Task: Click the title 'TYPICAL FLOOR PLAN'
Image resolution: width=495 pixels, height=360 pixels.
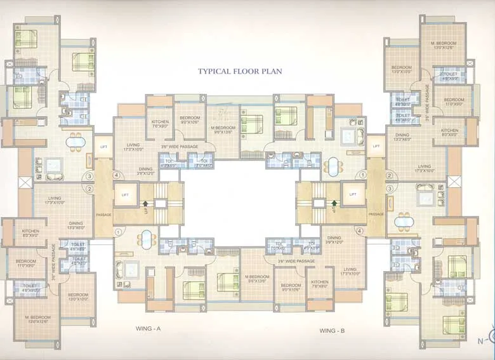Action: click(240, 71)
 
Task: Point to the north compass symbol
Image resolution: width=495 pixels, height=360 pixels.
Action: click(491, 337)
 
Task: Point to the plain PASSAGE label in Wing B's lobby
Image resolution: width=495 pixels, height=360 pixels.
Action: click(376, 215)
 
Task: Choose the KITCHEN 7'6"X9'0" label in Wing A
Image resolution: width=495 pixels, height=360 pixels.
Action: click(159, 124)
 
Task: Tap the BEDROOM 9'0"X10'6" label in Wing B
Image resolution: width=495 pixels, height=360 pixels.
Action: click(291, 287)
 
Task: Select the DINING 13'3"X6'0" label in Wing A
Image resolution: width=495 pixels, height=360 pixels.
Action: click(76, 225)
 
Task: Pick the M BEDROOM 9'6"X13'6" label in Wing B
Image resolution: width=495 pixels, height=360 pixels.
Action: click(257, 279)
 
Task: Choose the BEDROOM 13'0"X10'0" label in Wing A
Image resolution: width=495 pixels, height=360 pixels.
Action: click(78, 297)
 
